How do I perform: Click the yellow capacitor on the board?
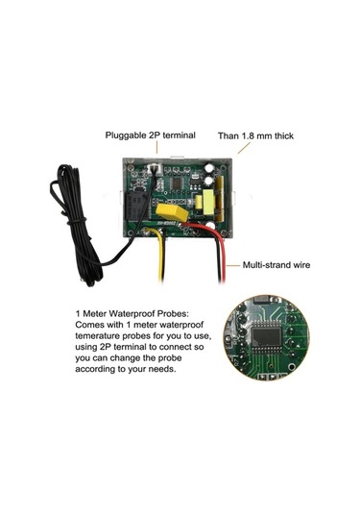(172, 211)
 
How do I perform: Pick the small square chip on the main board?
(179, 182)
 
